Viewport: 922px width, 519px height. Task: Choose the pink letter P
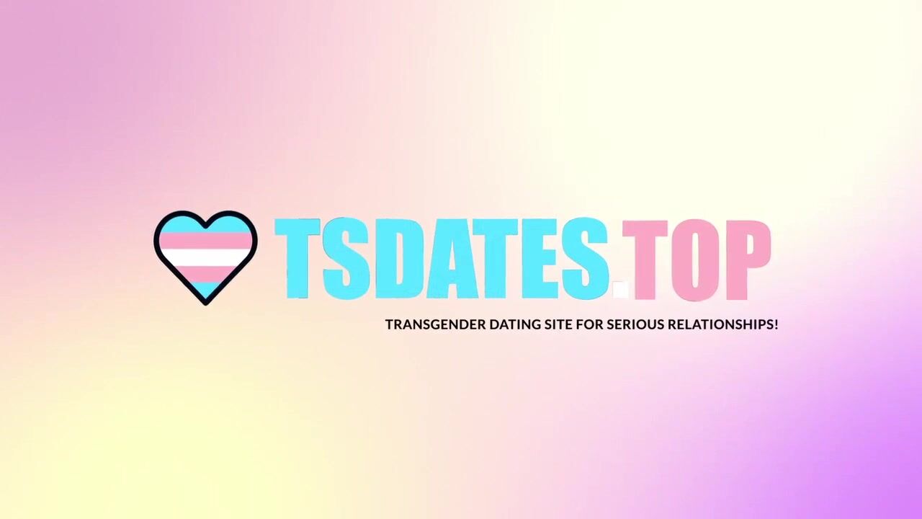pos(746,260)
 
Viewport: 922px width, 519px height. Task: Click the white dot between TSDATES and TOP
pos(621,289)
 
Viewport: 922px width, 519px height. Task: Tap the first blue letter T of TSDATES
pos(297,258)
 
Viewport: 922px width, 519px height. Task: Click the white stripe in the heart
pos(205,257)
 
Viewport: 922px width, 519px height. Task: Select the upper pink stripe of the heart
pos(205,240)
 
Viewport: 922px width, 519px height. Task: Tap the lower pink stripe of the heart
pos(205,273)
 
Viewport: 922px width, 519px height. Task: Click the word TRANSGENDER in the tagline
pos(436,324)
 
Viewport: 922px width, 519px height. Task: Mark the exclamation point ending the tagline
pos(776,324)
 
